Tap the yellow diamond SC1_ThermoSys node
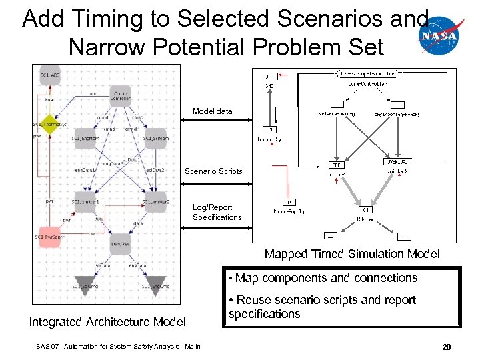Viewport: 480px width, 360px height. (x=49, y=124)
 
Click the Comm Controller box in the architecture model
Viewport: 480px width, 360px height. (x=121, y=96)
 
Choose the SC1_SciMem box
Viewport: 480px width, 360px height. (x=155, y=137)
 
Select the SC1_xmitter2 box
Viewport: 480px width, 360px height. (x=155, y=202)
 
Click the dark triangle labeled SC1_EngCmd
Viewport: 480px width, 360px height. (x=155, y=283)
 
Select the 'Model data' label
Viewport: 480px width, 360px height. (x=213, y=111)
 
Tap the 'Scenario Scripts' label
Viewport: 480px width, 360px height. (x=213, y=171)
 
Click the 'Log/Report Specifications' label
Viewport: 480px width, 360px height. (x=217, y=213)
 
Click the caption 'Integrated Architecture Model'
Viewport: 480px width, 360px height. (x=107, y=323)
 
